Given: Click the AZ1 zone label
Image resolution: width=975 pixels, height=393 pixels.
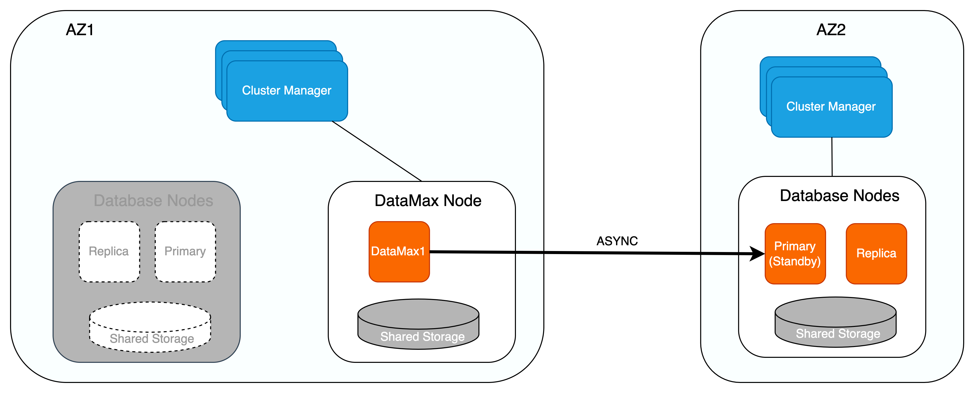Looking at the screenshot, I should click(x=79, y=29).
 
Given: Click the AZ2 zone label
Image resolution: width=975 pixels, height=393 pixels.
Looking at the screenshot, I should click(x=831, y=29).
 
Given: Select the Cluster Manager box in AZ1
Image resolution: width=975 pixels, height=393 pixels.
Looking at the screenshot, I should click(x=287, y=91).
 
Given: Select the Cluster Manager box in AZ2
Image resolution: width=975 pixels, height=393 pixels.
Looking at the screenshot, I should click(x=831, y=107).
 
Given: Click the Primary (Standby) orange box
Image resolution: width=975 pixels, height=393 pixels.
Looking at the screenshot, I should click(x=795, y=254).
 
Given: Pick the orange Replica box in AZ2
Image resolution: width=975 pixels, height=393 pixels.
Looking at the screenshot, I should click(x=876, y=254).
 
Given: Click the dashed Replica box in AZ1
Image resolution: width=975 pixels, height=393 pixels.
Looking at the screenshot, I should click(x=109, y=252).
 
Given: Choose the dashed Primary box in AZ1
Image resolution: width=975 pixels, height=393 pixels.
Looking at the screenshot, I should click(x=185, y=252).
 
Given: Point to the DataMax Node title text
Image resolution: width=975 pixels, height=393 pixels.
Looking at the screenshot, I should click(x=428, y=201).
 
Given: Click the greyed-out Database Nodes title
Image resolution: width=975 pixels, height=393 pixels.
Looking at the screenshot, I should click(x=153, y=201).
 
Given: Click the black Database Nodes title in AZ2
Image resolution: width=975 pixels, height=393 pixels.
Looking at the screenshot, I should click(x=839, y=195).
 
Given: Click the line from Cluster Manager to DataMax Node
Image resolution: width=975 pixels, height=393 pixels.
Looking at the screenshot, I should click(x=377, y=151).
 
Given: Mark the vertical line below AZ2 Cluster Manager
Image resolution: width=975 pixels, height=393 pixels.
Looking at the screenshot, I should click(x=832, y=157).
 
